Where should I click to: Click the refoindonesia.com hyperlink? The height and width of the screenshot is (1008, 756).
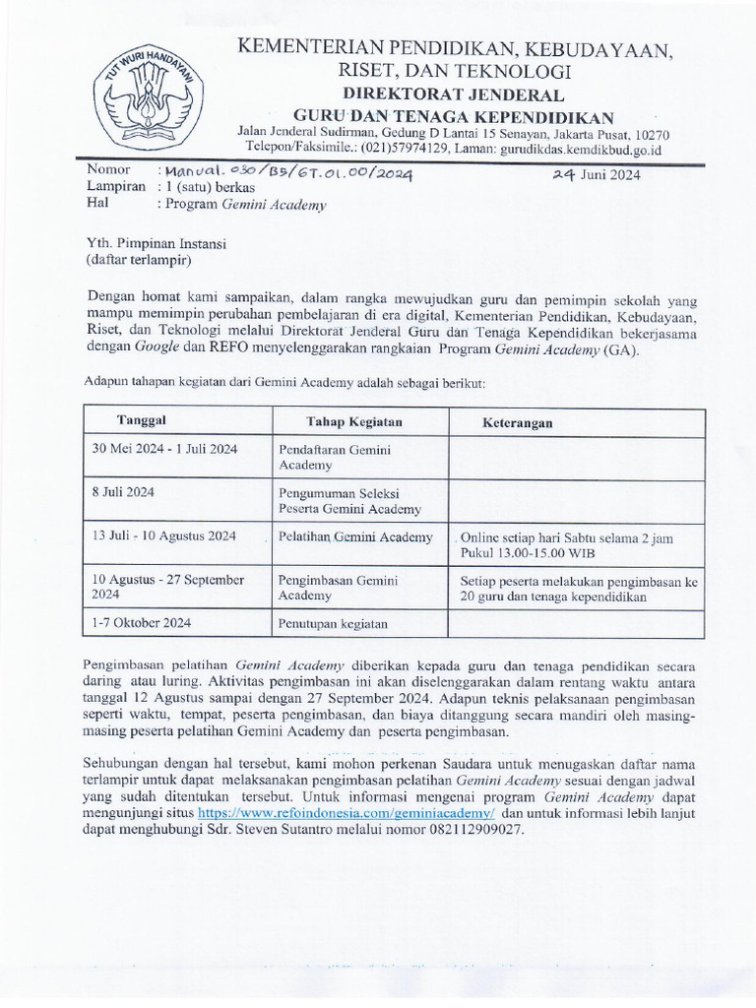[x=346, y=814]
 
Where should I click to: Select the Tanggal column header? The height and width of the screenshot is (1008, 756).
[x=142, y=420]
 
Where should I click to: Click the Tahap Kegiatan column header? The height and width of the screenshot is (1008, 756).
[x=353, y=421]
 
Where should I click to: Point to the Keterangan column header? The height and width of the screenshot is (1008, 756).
[x=517, y=422]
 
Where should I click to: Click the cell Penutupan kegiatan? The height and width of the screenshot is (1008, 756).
[x=333, y=623]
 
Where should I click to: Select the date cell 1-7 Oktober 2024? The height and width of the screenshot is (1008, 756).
[x=141, y=622]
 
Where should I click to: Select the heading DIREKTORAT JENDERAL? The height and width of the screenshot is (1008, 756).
[x=453, y=95]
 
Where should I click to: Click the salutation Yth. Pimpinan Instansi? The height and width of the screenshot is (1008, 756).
[x=157, y=244]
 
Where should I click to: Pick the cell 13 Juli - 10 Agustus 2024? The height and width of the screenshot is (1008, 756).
[x=163, y=536]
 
